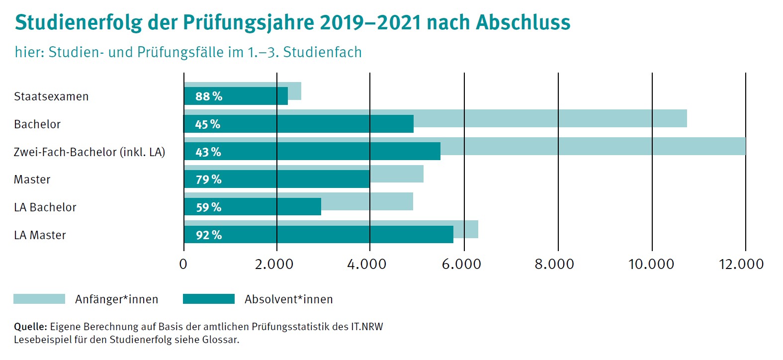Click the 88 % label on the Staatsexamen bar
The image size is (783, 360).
(208, 96)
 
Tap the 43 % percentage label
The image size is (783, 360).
(208, 152)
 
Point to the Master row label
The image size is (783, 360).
(32, 180)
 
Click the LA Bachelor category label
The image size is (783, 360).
(45, 207)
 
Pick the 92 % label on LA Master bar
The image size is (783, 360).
(208, 235)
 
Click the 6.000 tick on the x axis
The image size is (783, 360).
(461, 264)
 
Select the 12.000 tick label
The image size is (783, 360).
(741, 264)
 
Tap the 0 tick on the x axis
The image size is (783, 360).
(183, 264)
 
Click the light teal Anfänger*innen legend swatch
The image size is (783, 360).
(39, 299)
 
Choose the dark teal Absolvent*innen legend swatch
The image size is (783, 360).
(209, 299)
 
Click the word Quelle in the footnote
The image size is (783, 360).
(30, 327)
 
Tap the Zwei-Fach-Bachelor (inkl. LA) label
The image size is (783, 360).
(89, 152)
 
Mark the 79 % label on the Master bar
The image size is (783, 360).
(208, 180)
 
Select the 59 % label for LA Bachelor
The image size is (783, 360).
(208, 207)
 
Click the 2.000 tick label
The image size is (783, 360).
(274, 264)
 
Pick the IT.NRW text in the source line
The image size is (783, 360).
(367, 327)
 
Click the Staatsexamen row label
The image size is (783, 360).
(51, 96)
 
